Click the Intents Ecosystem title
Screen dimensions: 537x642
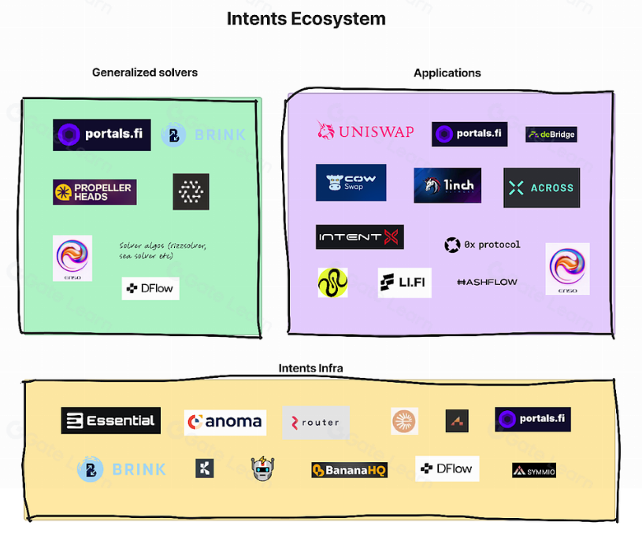click(x=306, y=18)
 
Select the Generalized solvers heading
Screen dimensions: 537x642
click(x=145, y=72)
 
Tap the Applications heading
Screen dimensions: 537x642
click(x=447, y=73)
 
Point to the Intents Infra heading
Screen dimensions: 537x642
click(x=310, y=368)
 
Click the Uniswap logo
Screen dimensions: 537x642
click(x=365, y=131)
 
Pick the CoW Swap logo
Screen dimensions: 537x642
click(x=351, y=183)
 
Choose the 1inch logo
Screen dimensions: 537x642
click(x=447, y=186)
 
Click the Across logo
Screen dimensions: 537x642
click(x=541, y=187)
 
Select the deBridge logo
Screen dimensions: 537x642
click(x=551, y=135)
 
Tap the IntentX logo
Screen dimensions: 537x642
click(x=360, y=237)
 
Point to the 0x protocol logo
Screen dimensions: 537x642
click(x=482, y=245)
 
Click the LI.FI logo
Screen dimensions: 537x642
click(x=405, y=283)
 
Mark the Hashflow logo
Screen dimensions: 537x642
click(x=487, y=282)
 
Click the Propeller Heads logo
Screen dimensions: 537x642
click(x=95, y=192)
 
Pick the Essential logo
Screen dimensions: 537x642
click(x=111, y=420)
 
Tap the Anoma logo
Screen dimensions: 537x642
click(x=225, y=422)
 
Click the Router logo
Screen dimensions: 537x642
click(x=316, y=423)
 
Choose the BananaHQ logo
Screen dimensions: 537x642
click(x=349, y=470)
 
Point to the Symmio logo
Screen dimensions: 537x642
click(x=534, y=471)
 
